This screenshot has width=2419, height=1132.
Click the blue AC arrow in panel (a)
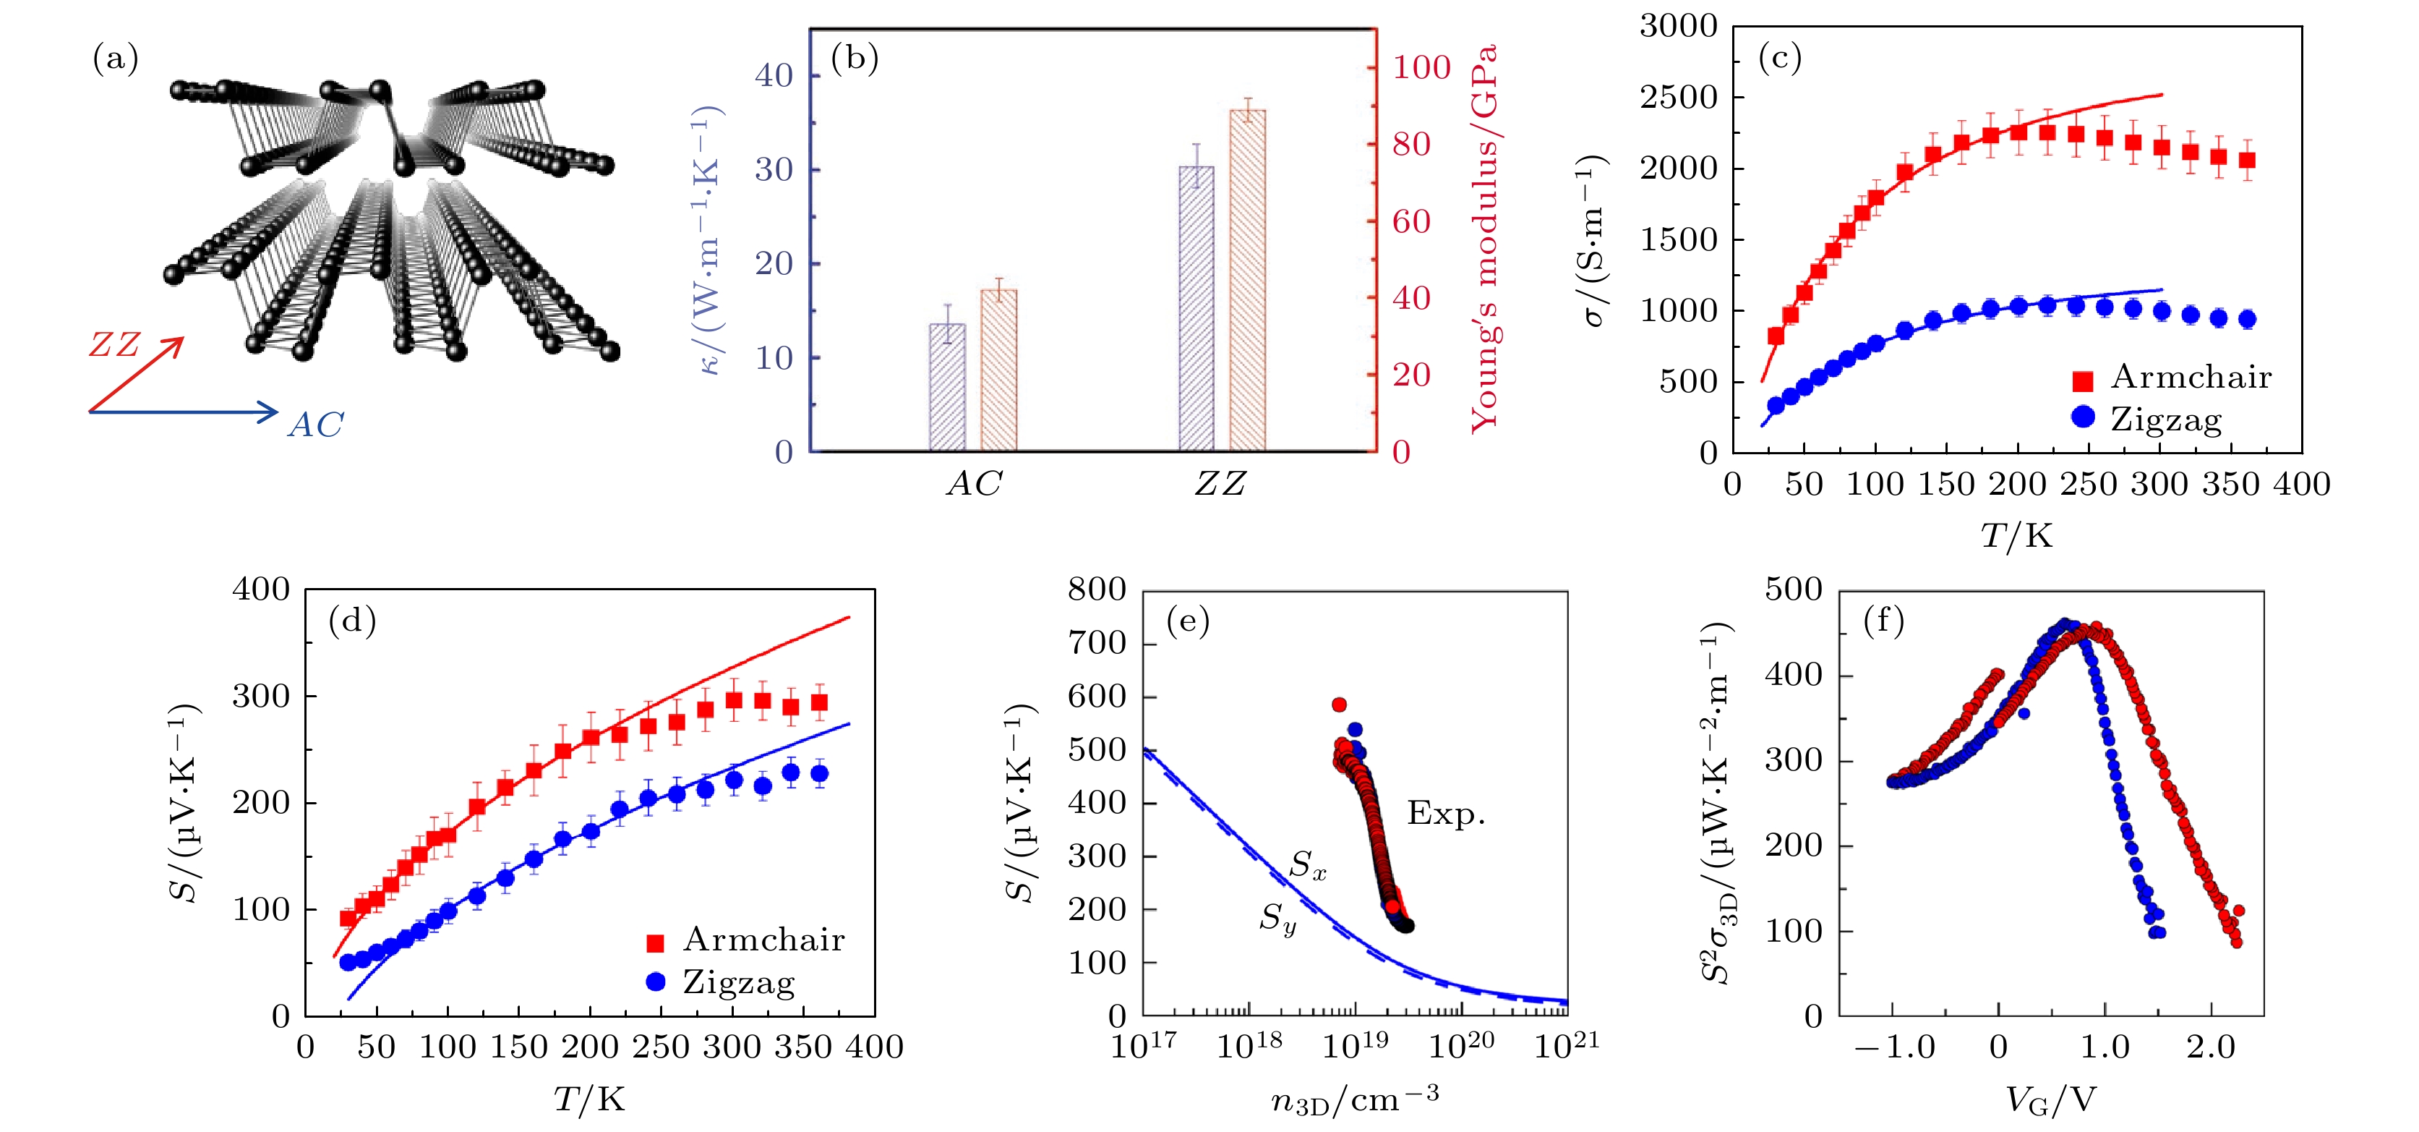click(183, 412)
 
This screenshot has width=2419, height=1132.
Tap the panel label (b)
click(855, 59)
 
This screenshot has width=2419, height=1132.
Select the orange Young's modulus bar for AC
click(998, 370)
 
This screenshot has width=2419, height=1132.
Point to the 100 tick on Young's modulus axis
click(1421, 68)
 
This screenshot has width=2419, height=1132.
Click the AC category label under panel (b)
click(974, 484)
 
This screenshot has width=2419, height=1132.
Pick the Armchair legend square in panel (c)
click(2083, 380)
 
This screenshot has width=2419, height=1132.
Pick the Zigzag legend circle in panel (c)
click(2083, 416)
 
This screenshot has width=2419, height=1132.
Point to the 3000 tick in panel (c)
click(1678, 26)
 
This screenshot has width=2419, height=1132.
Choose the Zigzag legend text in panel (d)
click(739, 982)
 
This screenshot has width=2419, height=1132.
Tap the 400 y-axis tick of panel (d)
click(261, 590)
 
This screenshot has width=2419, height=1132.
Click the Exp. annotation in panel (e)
click(1446, 814)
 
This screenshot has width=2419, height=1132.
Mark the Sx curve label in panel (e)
click(1307, 865)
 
